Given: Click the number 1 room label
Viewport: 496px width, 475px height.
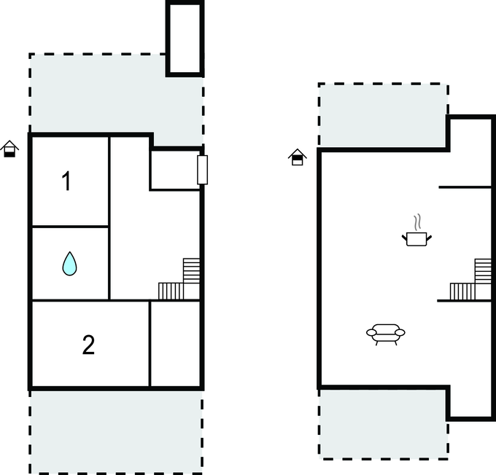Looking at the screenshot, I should [66, 181].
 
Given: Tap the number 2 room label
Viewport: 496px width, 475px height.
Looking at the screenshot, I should [88, 345].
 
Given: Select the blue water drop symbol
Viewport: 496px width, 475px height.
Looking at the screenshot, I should [69, 263].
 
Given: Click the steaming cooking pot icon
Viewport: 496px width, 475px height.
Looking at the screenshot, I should [416, 237].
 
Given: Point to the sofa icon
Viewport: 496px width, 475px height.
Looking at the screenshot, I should [385, 334].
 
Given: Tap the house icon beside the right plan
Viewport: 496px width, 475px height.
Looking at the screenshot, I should [297, 157].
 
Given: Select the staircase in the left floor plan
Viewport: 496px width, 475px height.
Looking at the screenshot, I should [181, 281].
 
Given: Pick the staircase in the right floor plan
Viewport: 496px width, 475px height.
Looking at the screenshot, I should [472, 281].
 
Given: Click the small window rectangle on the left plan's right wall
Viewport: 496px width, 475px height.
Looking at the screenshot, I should [202, 169].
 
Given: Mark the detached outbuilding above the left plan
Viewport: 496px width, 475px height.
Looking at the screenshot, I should [184, 38].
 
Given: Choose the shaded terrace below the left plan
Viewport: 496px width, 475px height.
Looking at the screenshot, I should [115, 431].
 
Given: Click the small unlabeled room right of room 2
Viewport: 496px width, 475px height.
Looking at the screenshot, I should [175, 344].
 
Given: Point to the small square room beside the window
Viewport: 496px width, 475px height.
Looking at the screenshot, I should [174, 170].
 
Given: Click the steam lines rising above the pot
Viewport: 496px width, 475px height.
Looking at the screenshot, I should [417, 221].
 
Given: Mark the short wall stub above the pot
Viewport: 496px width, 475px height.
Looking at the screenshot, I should [465, 187].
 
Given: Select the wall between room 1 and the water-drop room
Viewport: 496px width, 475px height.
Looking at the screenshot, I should [70, 227].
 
